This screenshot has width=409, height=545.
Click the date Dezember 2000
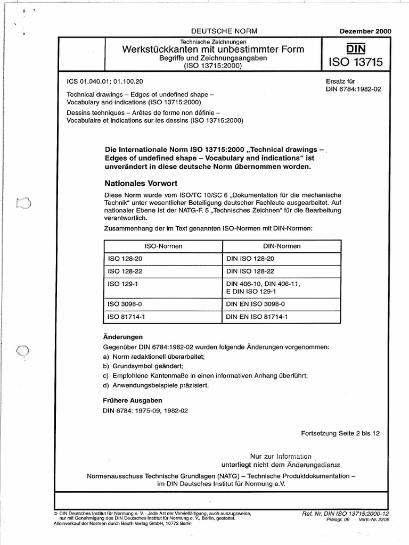tap(365, 31)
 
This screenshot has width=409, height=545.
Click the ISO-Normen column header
tap(161, 246)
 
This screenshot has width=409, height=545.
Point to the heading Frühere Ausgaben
tap(132, 400)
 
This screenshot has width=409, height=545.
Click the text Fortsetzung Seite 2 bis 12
tap(340, 434)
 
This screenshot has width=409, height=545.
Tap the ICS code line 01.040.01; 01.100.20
tap(105, 81)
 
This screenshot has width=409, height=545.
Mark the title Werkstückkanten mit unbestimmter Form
tap(214, 50)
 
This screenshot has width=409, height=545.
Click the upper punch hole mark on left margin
tap(24, 203)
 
